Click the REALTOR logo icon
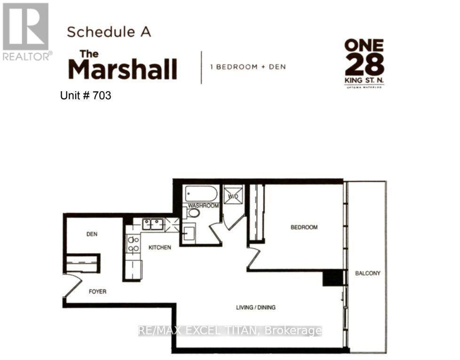point(25,26)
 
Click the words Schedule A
point(109,32)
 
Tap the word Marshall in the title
point(123,69)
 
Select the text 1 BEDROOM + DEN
point(248,67)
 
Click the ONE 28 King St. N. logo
point(365,63)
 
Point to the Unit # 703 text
point(86,95)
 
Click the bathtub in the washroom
point(201,194)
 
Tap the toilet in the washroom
point(192,212)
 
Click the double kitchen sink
point(153,224)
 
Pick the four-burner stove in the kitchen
point(134,244)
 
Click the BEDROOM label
point(304,227)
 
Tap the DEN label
point(92,234)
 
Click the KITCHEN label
point(160,248)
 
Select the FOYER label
point(98,292)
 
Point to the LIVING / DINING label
point(256,307)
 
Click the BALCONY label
point(368,273)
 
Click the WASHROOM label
point(203,205)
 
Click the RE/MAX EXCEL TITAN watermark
point(230,331)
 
